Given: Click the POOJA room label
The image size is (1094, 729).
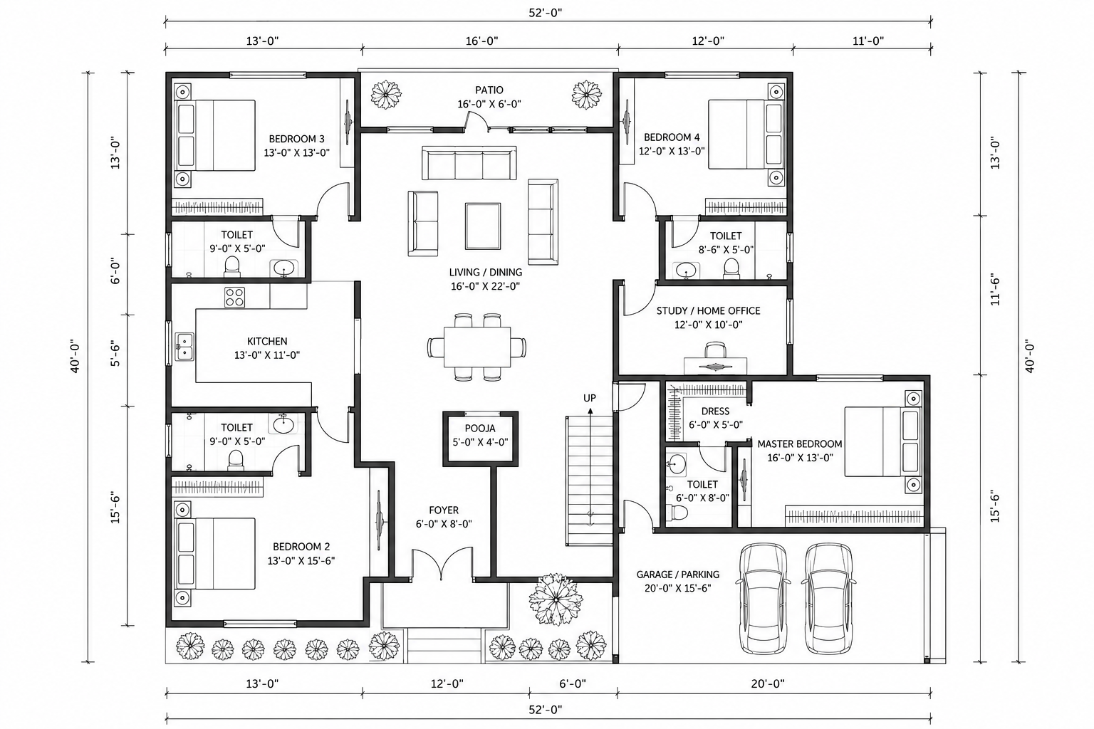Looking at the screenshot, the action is pyautogui.click(x=479, y=429).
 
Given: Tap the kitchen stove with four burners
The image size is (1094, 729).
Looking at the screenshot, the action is pyautogui.click(x=234, y=298).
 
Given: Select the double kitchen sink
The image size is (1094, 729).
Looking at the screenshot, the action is pyautogui.click(x=184, y=347).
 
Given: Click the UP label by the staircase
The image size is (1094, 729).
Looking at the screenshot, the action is pyautogui.click(x=590, y=398).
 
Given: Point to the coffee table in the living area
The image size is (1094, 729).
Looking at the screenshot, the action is pyautogui.click(x=482, y=226).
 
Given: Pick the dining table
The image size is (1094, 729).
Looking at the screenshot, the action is pyautogui.click(x=477, y=347).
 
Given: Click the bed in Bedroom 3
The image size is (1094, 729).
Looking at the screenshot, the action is pyautogui.click(x=216, y=135).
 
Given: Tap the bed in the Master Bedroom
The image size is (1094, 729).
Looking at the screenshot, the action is pyautogui.click(x=883, y=441).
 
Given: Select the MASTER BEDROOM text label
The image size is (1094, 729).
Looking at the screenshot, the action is pyautogui.click(x=800, y=444).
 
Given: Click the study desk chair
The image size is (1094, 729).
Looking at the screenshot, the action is pyautogui.click(x=715, y=350).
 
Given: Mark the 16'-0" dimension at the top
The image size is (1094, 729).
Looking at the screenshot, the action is pyautogui.click(x=481, y=41).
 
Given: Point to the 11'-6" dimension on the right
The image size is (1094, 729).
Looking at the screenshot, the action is pyautogui.click(x=995, y=291).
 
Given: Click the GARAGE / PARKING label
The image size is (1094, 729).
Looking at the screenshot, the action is pyautogui.click(x=678, y=575).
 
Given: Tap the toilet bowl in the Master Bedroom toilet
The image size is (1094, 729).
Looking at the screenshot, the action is pyautogui.click(x=678, y=512).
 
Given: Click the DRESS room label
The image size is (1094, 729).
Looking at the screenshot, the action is pyautogui.click(x=715, y=411).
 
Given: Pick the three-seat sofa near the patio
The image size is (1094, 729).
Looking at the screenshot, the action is pyautogui.click(x=469, y=162).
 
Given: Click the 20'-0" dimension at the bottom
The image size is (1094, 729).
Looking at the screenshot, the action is pyautogui.click(x=767, y=683).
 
